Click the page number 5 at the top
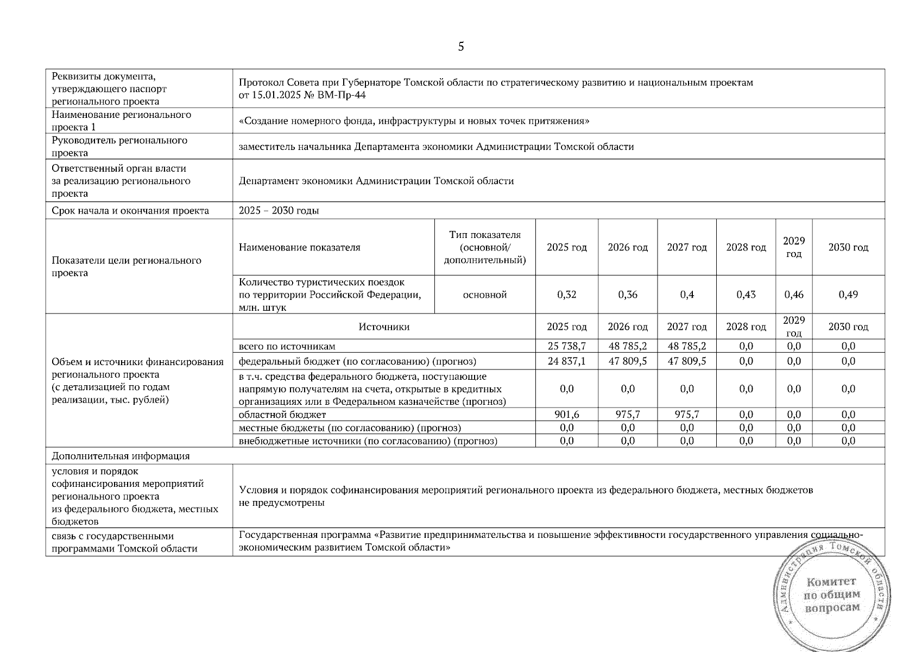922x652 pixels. click(x=461, y=47)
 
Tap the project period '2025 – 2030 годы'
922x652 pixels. click(x=279, y=211)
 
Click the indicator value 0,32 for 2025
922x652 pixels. click(x=566, y=294)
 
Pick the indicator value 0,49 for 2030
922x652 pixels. click(x=848, y=294)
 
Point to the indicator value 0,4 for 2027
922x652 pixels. click(x=687, y=294)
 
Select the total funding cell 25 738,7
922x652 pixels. click(x=566, y=346)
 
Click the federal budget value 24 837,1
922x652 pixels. click(x=566, y=361)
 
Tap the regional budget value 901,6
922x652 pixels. click(x=566, y=415)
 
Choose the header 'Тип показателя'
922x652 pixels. click(x=485, y=235)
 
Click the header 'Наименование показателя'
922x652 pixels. click(x=299, y=248)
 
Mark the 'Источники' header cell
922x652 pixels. click(x=384, y=327)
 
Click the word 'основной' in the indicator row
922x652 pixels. click(x=485, y=294)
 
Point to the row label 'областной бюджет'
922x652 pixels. click(x=282, y=415)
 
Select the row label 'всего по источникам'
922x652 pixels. click(x=287, y=346)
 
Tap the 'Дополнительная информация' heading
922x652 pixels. click(x=121, y=456)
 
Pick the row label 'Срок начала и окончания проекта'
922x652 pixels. click(x=130, y=211)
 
